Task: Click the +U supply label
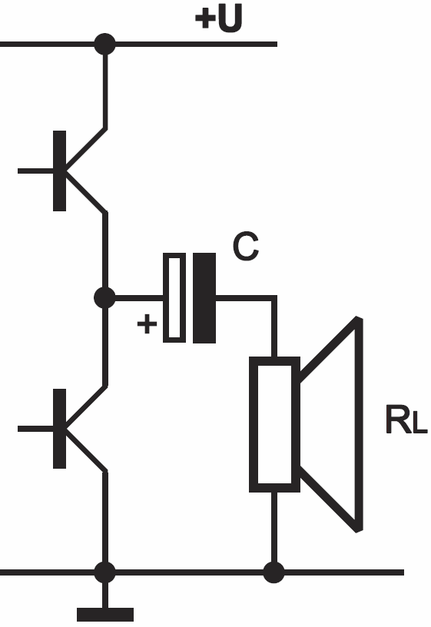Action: [x=218, y=18]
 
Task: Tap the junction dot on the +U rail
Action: [x=104, y=44]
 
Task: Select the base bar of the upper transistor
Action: [x=60, y=171]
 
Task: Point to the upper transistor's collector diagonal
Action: [x=86, y=149]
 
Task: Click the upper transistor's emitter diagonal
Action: [x=86, y=192]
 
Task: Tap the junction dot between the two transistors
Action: [x=104, y=298]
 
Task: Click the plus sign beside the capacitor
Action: [x=148, y=323]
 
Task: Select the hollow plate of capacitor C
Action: [x=174, y=298]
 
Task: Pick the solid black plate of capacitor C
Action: [x=204, y=298]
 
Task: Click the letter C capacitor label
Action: [x=246, y=247]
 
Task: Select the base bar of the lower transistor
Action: [x=60, y=428]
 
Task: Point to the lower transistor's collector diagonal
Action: [x=86, y=407]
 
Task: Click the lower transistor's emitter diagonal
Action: [x=86, y=450]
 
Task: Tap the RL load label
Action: [x=406, y=420]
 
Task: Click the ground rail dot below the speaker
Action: [x=274, y=572]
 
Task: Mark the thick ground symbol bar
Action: [x=105, y=615]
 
